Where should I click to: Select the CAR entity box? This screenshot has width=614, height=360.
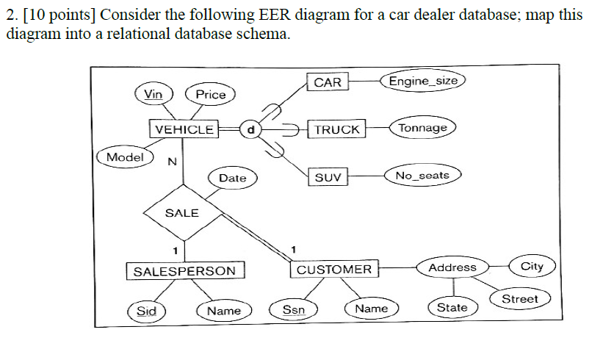(328, 82)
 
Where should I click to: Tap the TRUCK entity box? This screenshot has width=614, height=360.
(336, 129)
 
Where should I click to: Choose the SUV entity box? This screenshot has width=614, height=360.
(328, 177)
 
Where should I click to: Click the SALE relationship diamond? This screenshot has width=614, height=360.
(182, 212)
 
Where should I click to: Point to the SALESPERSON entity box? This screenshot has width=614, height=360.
(185, 270)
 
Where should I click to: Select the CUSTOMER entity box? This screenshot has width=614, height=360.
(334, 270)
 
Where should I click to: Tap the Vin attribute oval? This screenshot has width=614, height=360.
(153, 94)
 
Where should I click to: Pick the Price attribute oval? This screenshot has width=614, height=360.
(211, 94)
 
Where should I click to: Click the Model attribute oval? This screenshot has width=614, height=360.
(125, 157)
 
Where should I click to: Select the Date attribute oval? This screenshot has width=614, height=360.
(233, 178)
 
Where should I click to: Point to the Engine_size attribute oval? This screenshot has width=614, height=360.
(423, 81)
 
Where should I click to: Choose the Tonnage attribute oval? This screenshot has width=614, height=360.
(423, 128)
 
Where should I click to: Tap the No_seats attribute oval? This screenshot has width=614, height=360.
(422, 176)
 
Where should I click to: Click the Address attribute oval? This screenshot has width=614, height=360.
(452, 267)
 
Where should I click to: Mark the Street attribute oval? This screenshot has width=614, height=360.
(520, 299)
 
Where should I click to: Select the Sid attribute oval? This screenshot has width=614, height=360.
(147, 311)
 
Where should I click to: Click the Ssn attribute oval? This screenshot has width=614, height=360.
(294, 310)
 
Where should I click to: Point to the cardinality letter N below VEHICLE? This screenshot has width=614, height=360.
(171, 162)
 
